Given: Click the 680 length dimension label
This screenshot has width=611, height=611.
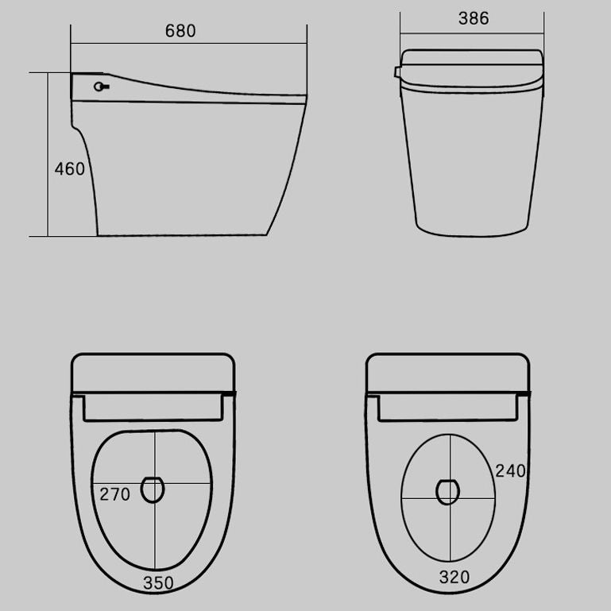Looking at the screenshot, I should tap(180, 31).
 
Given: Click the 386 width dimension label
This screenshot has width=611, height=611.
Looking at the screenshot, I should tap(474, 18).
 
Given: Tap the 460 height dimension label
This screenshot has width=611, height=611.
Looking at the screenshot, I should tap(69, 169).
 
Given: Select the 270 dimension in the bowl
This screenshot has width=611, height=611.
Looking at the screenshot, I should tap(114, 494).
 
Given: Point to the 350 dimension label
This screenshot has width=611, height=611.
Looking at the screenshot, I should tap(158, 582).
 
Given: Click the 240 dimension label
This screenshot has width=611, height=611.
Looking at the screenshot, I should tap(511, 470).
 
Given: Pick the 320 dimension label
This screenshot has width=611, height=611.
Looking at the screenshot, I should tap(454, 578).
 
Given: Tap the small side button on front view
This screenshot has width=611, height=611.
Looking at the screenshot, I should tap(396, 73).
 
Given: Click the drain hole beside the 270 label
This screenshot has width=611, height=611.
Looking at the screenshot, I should tap(153, 489).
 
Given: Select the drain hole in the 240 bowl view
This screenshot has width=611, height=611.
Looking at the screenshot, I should tap(448, 491).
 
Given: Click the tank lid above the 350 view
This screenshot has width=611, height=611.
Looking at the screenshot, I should tap(154, 373).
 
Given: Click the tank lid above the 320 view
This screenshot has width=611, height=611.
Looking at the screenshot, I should tap(448, 373).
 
